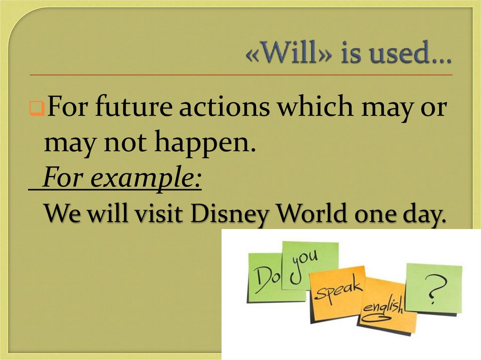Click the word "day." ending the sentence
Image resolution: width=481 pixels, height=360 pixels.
pos(422,215)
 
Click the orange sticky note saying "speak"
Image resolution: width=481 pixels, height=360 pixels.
pos(336,291)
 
